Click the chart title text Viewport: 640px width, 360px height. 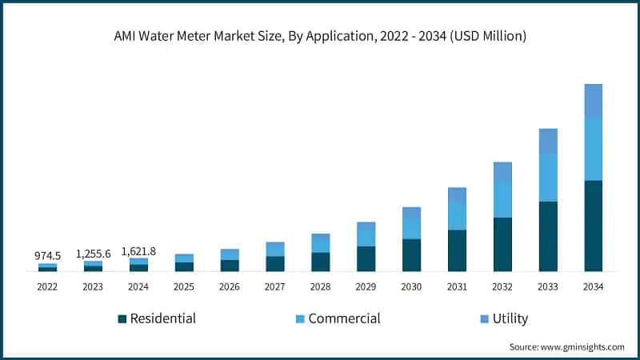coord(320,36)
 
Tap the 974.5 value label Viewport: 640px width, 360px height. coord(47,255)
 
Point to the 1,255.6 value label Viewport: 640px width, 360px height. coord(93,253)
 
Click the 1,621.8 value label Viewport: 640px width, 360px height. coord(138,251)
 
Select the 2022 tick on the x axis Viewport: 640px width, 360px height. coord(47,286)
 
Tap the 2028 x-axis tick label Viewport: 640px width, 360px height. coord(320,286)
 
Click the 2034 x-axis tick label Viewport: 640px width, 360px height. coord(593,286)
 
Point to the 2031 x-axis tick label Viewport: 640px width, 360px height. coord(457,286)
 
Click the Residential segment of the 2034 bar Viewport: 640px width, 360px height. coord(593,226)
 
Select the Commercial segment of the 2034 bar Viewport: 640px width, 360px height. coord(593,149)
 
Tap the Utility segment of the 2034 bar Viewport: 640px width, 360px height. coord(593,101)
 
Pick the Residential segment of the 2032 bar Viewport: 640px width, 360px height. coord(502,244)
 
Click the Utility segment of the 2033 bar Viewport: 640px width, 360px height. coord(548,141)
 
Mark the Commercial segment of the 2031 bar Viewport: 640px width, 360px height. coord(457,216)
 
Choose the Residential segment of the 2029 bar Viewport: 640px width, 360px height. coord(366,258)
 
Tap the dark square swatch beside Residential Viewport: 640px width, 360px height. coord(122,319)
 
